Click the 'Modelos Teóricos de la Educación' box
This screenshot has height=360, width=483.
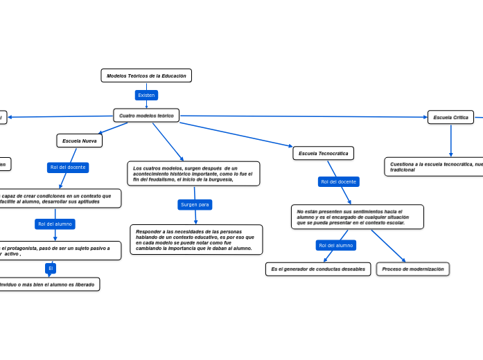coord(146,75)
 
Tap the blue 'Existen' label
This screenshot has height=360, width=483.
coord(146,95)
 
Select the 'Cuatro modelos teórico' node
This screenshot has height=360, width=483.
coord(146,116)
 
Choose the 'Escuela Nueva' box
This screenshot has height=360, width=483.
coord(79,141)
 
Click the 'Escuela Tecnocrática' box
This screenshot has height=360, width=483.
coord(323,153)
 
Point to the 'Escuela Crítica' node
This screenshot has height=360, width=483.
coord(450,118)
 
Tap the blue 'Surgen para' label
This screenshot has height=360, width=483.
coord(195,204)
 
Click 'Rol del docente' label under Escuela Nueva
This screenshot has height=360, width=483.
coord(68,167)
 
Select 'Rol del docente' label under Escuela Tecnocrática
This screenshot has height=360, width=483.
coord(338,181)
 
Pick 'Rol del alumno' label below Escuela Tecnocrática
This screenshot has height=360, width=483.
coord(335,245)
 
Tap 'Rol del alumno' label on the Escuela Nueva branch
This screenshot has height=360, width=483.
coord(55,224)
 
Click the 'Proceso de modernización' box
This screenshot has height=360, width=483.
coord(412,269)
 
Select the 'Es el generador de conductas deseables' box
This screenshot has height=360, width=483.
coord(317,269)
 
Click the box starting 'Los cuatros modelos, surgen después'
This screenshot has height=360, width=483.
coord(193,174)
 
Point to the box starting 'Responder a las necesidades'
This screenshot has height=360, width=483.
coord(196,240)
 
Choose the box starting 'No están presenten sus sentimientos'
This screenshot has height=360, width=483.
coord(357,217)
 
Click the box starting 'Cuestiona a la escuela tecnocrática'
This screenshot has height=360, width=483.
coord(434,167)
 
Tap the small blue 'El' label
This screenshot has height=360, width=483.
coord(51,268)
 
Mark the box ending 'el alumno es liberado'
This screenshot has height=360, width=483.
coord(49,285)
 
